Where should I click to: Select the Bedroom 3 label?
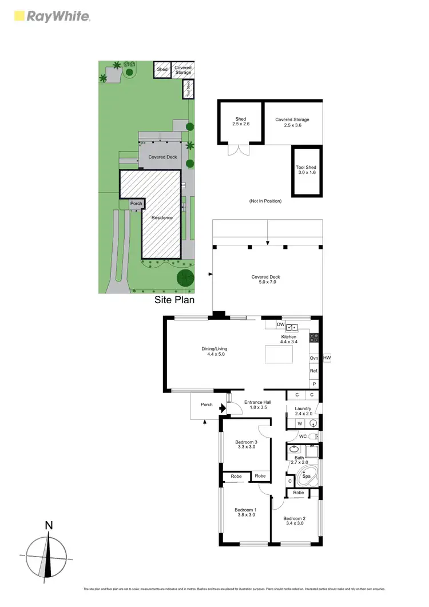246,444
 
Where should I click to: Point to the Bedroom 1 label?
245,512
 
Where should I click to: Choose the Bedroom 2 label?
295,521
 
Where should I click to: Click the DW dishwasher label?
280,325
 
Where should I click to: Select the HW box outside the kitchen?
327,358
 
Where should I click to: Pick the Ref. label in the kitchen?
313,371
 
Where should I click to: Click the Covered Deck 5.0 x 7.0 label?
264,280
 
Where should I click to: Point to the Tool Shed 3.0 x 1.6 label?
306,170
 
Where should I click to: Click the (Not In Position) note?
265,201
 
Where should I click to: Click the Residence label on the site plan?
162,218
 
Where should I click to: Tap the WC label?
303,437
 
